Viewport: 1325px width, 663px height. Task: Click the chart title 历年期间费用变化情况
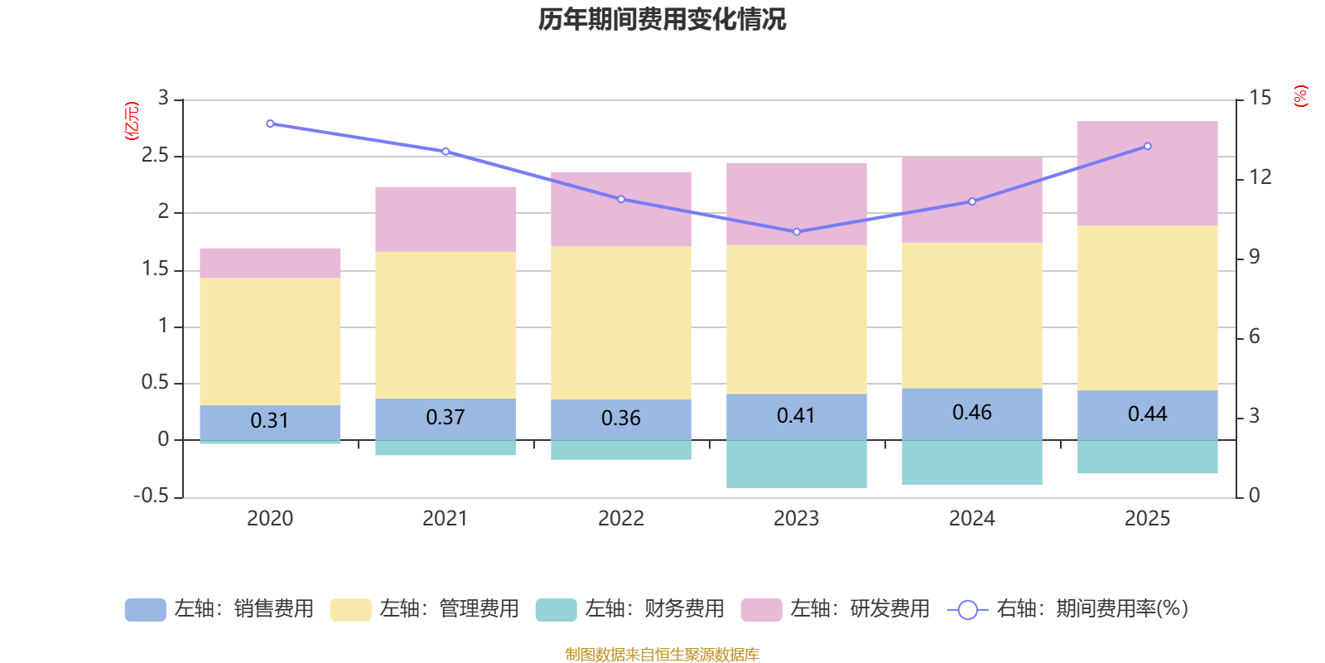662,19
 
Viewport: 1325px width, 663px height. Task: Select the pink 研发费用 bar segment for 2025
1147,173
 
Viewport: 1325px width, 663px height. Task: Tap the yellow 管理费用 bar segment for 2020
270,341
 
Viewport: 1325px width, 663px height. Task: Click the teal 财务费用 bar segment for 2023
796,464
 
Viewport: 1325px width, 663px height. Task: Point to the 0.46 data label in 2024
971,413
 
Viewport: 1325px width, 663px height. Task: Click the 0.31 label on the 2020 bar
270,421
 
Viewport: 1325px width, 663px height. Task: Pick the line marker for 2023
797,232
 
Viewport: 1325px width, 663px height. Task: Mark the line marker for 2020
270,123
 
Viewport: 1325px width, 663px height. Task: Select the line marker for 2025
1148,146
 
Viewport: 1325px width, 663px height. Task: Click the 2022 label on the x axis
620,519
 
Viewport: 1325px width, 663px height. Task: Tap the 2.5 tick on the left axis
155,156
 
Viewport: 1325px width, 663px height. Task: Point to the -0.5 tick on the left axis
151,496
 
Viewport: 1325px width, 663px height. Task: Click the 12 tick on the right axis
1260,177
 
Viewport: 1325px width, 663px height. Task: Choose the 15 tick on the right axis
1260,98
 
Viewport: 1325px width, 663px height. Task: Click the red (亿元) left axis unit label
132,121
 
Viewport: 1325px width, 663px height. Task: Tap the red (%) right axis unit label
1301,96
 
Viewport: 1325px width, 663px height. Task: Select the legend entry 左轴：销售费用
220,609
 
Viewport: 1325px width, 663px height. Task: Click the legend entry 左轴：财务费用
631,609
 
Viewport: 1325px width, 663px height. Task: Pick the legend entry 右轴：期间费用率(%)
1068,609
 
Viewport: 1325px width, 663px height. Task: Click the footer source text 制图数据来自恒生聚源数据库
662,655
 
